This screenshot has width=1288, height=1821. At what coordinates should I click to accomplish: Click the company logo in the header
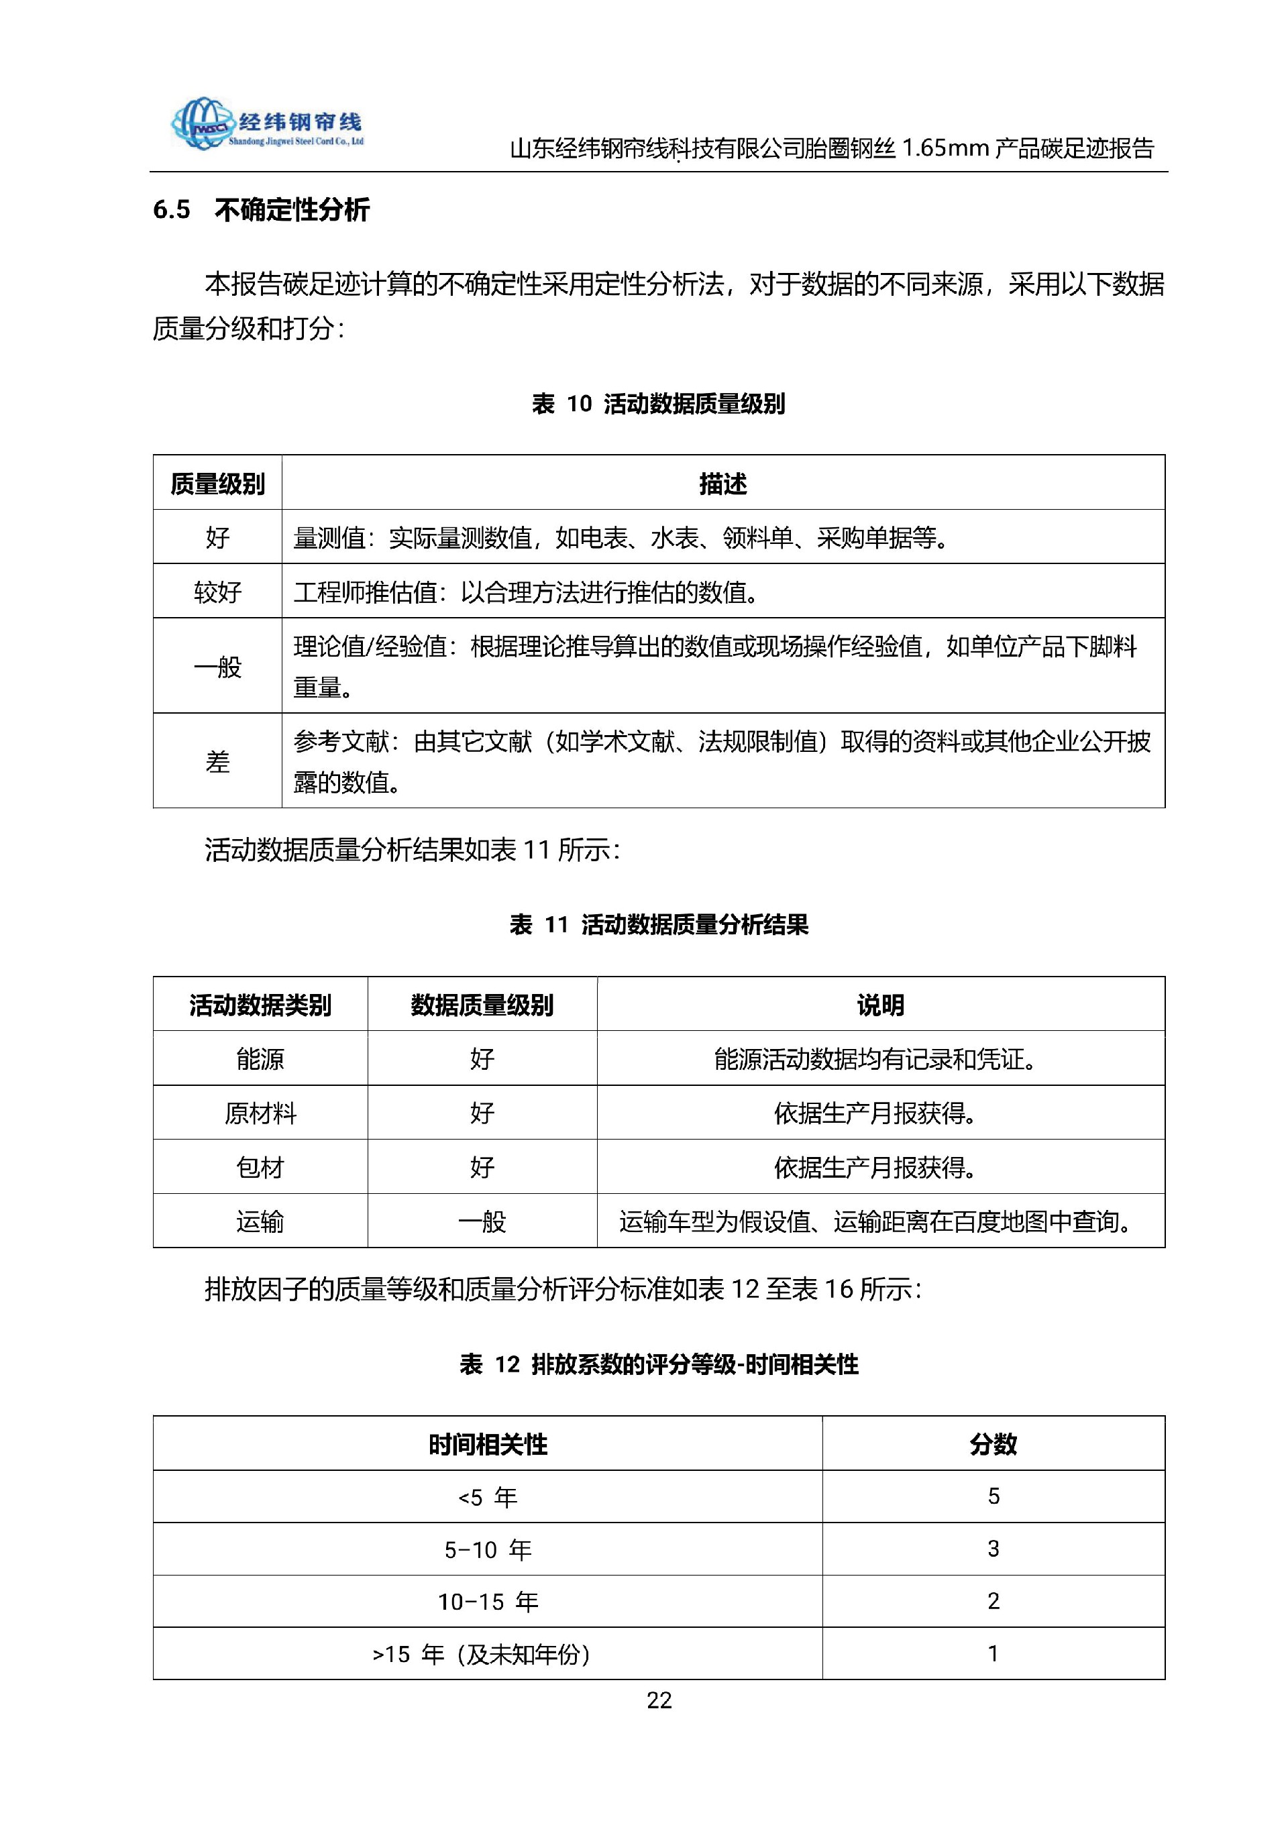click(x=266, y=125)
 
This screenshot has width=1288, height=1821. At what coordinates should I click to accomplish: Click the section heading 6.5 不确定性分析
click(x=261, y=210)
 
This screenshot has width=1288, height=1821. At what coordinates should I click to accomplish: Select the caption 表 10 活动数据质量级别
click(x=658, y=404)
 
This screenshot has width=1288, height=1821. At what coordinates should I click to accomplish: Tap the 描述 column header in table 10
click(x=722, y=483)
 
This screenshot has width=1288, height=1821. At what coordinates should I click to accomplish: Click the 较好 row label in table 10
click(x=217, y=592)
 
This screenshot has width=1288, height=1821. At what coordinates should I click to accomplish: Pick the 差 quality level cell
click(x=217, y=761)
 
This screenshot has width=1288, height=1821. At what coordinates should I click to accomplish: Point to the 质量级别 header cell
click(x=217, y=483)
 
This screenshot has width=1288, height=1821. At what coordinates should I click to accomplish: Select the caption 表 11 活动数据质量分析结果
click(x=658, y=924)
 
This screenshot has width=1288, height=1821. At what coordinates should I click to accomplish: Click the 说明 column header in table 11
click(x=880, y=1005)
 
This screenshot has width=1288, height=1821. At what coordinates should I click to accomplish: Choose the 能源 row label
click(x=260, y=1059)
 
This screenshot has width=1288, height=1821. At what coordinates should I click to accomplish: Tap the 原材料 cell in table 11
click(x=260, y=1113)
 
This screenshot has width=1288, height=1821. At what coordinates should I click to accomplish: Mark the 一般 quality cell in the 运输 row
click(x=482, y=1221)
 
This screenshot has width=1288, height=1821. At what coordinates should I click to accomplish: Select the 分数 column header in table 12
click(x=993, y=1444)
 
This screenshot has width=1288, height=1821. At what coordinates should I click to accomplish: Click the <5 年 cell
click(x=488, y=1498)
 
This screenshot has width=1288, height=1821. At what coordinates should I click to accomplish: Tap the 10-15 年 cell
click(x=488, y=1602)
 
